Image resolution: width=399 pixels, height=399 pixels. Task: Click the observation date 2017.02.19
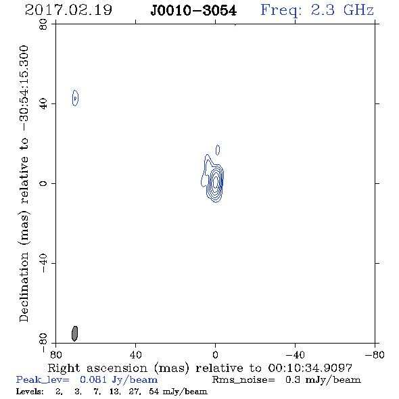tap(68, 10)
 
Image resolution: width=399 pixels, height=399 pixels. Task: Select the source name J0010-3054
tap(193, 11)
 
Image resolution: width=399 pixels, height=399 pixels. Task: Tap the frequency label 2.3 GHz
tap(342, 10)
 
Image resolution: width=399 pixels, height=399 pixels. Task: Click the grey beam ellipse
tap(74, 333)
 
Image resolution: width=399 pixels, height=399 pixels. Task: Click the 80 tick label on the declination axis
tap(43, 24)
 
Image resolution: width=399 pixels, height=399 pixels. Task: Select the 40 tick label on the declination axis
tap(43, 104)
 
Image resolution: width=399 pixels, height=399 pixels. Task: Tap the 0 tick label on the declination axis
tap(43, 183)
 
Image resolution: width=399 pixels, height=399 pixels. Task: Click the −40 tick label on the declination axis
tap(43, 263)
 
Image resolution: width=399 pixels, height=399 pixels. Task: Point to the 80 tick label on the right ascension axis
tap(55, 355)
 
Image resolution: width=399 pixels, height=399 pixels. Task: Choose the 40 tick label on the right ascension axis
tap(136, 355)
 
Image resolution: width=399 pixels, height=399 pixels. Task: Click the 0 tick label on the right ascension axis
tap(215, 355)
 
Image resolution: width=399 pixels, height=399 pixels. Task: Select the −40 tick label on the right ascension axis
tap(295, 355)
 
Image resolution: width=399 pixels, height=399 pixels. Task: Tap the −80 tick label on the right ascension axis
tap(375, 355)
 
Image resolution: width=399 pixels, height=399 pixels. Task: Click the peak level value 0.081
tap(93, 379)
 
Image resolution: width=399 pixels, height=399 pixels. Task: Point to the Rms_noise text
tap(243, 380)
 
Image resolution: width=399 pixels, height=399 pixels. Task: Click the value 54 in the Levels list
tap(154, 391)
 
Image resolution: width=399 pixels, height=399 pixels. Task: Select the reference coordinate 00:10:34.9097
tap(310, 368)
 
